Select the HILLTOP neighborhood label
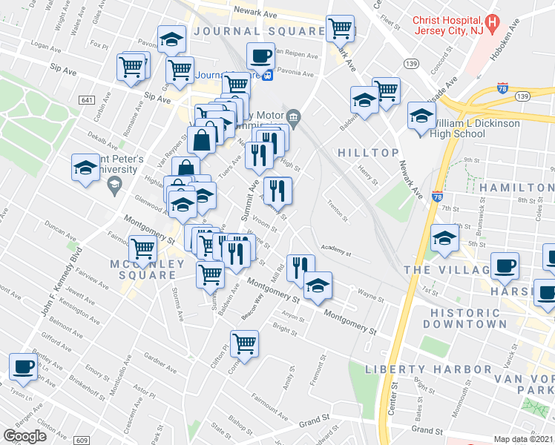[364, 152]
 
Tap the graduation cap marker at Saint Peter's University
[85, 168]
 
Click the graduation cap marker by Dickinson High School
[421, 116]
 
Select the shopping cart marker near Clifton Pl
[244, 343]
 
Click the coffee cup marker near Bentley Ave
[23, 366]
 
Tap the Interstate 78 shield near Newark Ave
[438, 198]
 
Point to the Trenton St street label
[338, 213]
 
